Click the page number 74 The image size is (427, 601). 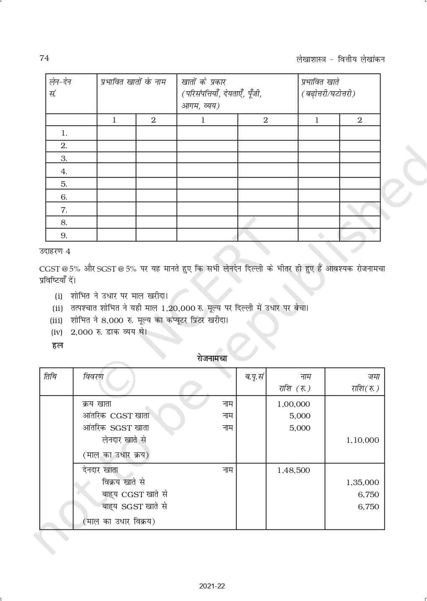click(44, 58)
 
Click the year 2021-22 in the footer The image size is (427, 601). click(212, 586)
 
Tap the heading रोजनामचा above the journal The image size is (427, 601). click(212, 358)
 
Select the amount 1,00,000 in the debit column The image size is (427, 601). click(293, 404)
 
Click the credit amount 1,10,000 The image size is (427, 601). click(363, 440)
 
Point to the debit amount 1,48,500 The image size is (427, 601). click(293, 470)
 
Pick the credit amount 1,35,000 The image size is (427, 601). click(363, 483)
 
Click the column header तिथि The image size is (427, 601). click(50, 377)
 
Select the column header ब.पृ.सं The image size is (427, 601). click(254, 377)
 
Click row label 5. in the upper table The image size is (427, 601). click(64, 184)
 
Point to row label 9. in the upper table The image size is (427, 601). click(64, 236)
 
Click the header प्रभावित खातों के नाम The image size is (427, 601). click(133, 82)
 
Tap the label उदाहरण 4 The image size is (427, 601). click(55, 252)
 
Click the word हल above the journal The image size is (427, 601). click(57, 346)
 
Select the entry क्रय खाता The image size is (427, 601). click(97, 404)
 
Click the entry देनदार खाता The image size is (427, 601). click(100, 470)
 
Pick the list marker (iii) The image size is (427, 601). click(57, 321)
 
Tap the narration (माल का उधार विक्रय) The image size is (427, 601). click(119, 521)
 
